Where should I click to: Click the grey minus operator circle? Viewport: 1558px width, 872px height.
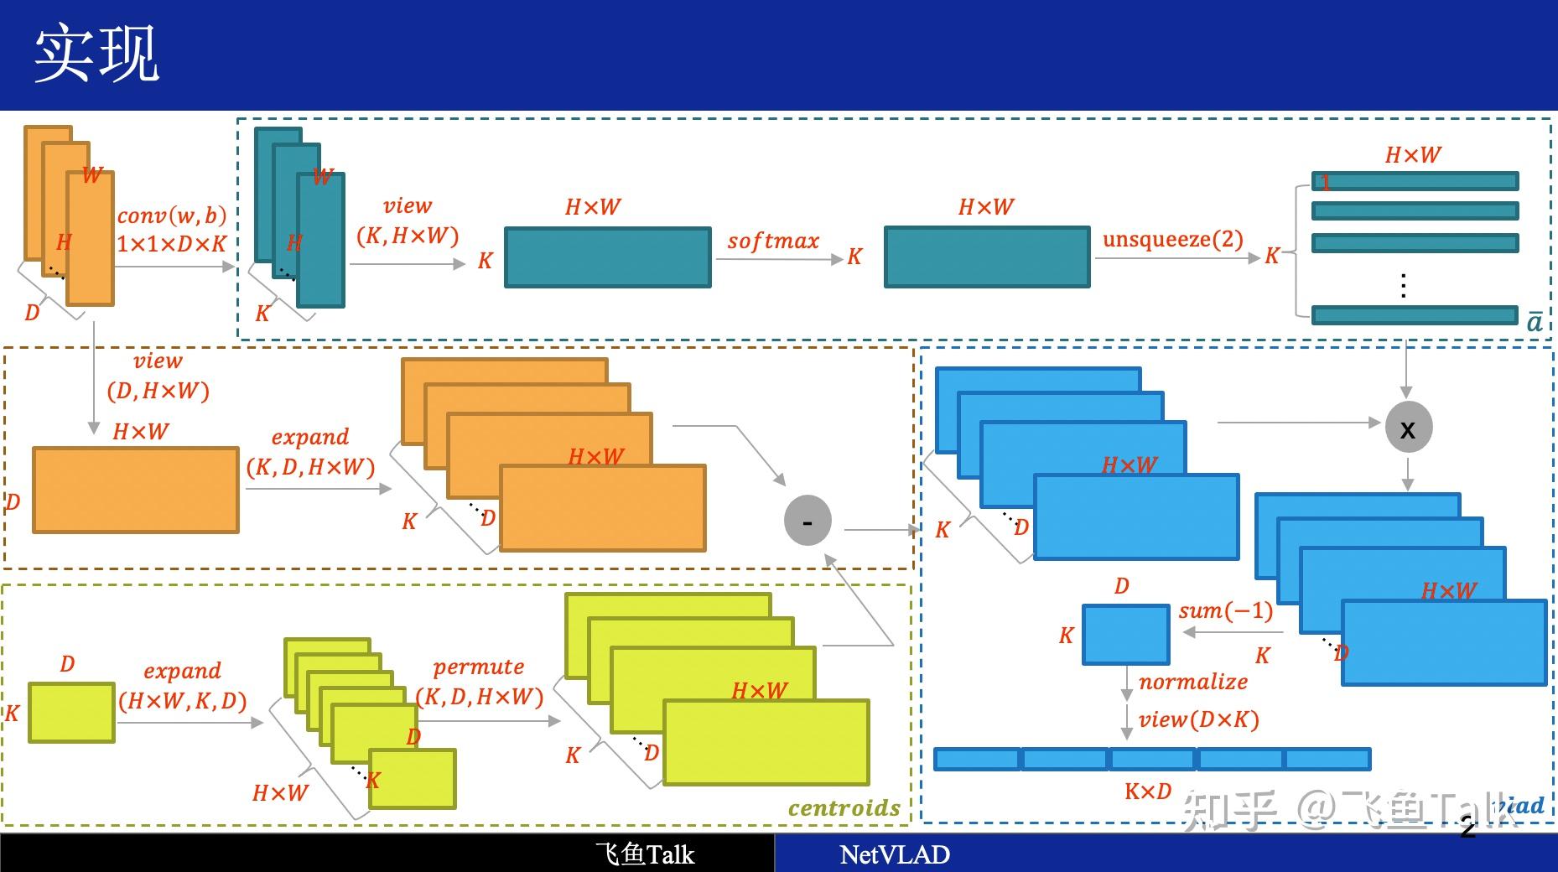807,521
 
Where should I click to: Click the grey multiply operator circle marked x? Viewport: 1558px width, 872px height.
1408,428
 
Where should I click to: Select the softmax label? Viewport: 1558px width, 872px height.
772,241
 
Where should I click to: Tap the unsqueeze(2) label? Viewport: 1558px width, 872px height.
1172,239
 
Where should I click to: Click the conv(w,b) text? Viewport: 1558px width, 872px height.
172,215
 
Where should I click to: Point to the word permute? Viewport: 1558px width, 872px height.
478,667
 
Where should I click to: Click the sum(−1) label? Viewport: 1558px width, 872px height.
1225,610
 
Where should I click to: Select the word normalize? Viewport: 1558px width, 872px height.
1192,682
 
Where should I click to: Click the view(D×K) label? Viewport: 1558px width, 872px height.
1198,719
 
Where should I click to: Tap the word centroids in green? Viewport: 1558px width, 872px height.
844,807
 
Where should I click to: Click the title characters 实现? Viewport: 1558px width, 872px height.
96,54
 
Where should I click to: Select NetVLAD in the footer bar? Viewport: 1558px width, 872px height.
894,854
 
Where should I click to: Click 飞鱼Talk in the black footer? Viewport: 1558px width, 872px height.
644,854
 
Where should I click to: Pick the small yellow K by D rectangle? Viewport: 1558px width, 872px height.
71,713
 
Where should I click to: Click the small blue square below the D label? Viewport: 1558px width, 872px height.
1125,635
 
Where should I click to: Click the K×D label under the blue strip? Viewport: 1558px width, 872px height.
1147,791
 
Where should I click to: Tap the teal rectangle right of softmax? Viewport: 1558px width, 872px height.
987,257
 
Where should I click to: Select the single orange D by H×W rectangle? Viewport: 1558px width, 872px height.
135,490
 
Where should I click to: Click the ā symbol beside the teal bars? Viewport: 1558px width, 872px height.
1534,322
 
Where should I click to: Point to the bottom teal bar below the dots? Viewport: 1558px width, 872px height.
1415,315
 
